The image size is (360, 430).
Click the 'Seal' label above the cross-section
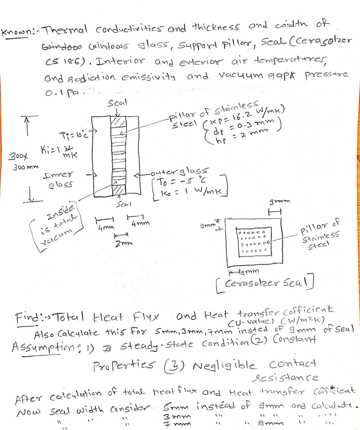117,103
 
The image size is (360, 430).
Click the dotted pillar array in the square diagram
254,242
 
